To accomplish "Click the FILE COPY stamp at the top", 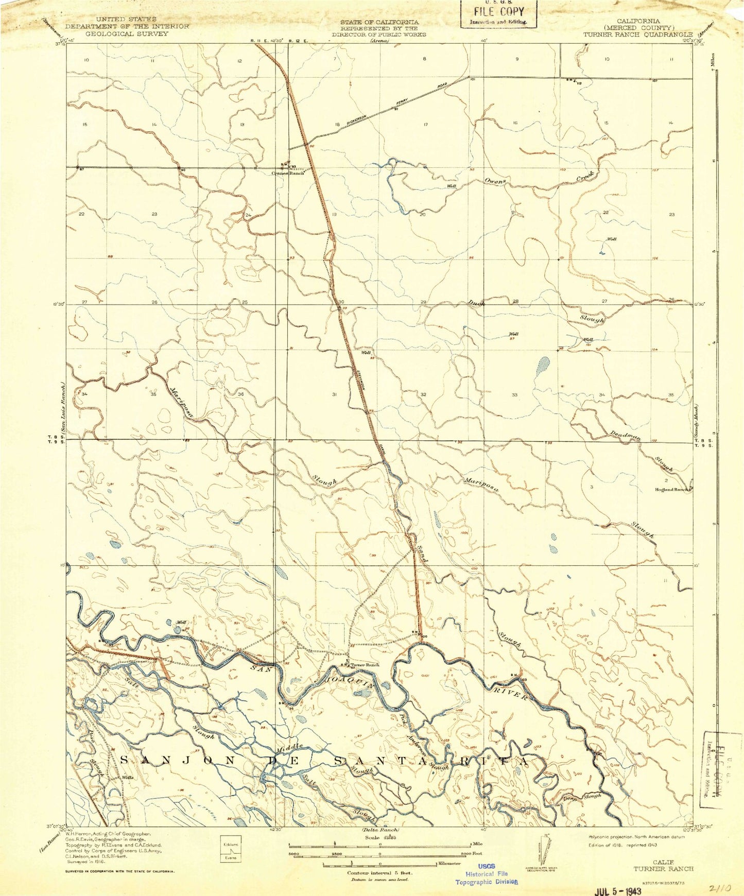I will point(498,12).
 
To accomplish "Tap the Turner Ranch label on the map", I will point(365,665).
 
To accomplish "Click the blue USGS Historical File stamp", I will point(486,873).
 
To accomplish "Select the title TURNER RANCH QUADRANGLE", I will point(637,34).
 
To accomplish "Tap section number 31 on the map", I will point(335,394).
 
